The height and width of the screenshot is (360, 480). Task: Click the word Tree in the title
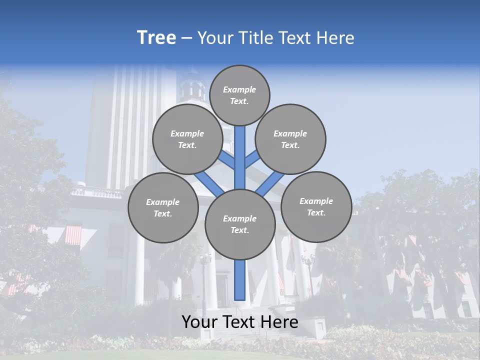point(156,38)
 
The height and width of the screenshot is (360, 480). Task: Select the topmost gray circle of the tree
point(239,95)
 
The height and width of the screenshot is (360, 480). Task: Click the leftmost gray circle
point(163,207)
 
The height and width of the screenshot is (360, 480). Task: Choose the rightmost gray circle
point(316,206)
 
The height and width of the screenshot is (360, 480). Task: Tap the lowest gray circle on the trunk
point(240,224)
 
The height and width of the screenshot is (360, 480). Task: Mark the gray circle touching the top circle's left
point(187,139)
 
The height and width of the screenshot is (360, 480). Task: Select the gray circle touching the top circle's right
point(290,139)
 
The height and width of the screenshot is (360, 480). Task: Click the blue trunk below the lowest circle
point(240,280)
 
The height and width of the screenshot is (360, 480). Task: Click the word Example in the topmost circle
point(239,89)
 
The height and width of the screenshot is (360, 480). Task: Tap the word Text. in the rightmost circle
point(316,212)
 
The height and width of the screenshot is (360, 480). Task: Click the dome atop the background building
point(191,85)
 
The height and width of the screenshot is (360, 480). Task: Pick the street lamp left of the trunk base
point(204,260)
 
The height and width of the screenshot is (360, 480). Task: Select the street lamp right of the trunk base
point(308,261)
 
